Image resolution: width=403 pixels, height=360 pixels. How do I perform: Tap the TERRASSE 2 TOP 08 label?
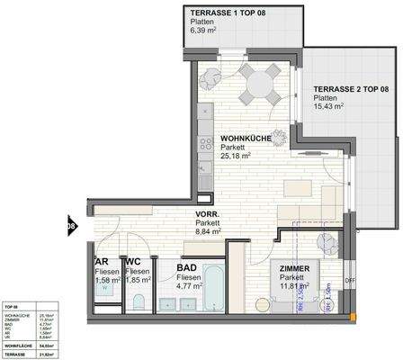coord(351,90)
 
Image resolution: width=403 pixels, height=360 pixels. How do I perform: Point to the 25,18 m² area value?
coord(238,152)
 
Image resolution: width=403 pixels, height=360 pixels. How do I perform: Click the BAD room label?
coord(187,268)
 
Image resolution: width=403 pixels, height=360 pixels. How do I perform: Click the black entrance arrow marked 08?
coord(71,226)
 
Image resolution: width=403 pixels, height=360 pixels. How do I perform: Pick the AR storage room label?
coord(102,263)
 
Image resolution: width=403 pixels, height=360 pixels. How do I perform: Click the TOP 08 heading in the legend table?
coord(13,307)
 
